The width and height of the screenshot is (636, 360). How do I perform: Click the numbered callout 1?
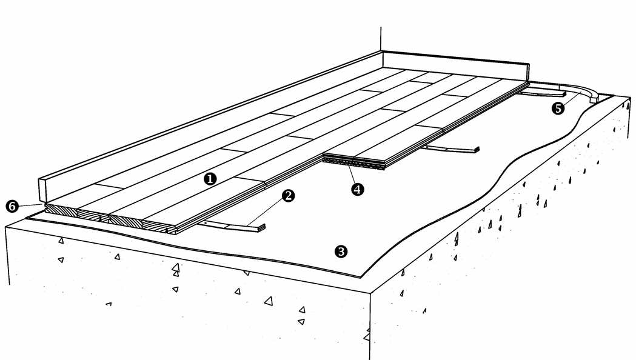pos(210,178)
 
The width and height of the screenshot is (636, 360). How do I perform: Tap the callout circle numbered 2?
pos(288,196)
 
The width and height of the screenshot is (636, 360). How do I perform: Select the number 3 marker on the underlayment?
pos(341,252)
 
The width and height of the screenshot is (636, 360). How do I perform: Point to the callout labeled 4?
pos(357,189)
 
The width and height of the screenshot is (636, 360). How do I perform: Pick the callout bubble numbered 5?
pos(558,108)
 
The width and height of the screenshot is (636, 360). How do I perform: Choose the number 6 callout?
pos(12,206)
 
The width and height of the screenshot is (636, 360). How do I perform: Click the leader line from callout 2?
pos(266,213)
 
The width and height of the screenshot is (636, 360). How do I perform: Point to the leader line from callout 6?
pos(31,205)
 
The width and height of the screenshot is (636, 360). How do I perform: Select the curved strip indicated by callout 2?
pos(231,227)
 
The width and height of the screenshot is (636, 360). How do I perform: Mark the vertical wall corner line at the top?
pos(381,39)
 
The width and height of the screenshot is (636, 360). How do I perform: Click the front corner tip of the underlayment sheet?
pos(361,278)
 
